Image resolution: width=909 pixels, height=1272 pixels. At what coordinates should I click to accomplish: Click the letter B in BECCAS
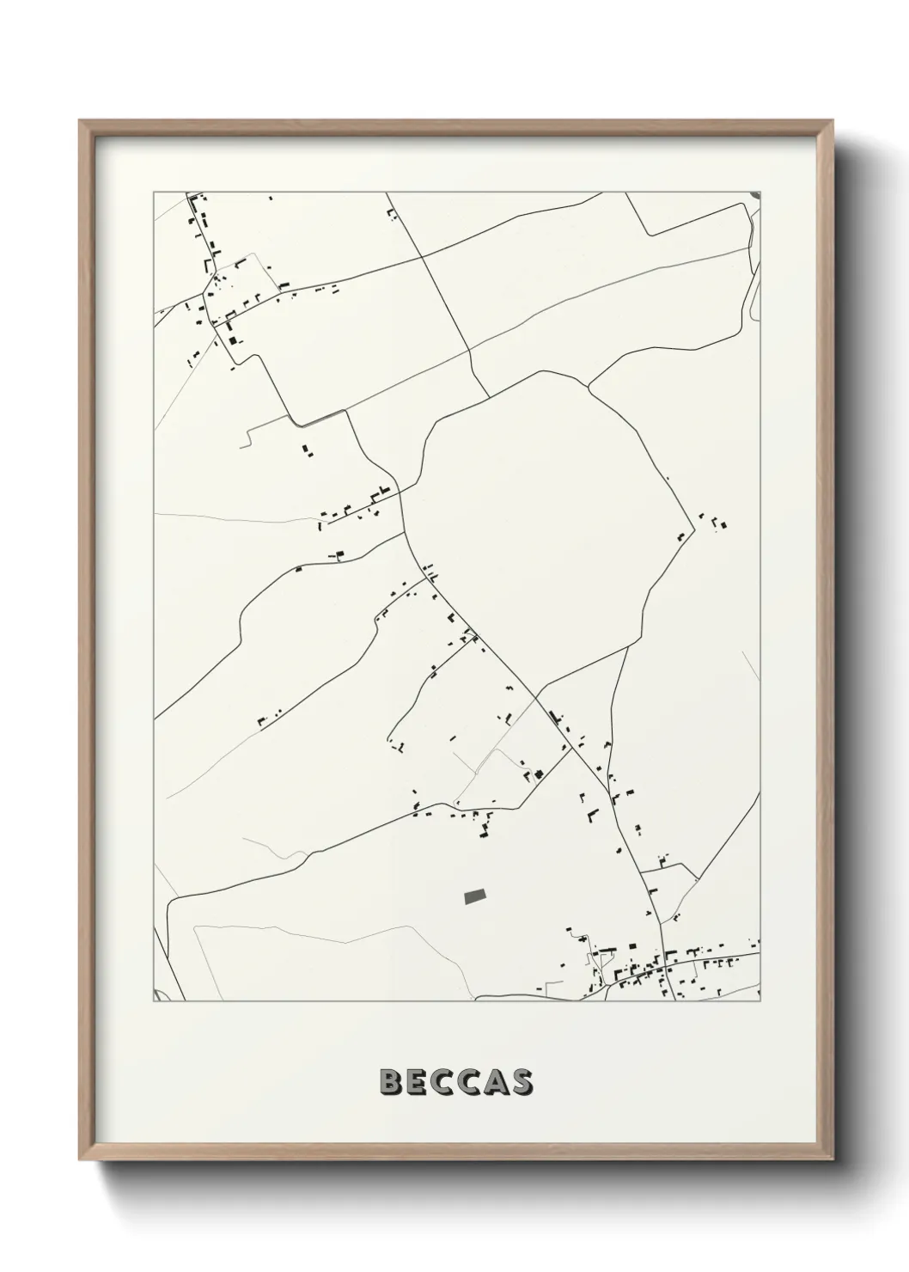388,1082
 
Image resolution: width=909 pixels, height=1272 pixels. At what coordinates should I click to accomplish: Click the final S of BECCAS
523,1082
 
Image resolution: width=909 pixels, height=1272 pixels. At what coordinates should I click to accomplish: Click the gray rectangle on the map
474,896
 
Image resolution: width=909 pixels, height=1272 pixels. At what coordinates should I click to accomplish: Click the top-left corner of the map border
154,193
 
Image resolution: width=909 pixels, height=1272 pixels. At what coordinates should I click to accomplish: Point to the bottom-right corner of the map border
761,1001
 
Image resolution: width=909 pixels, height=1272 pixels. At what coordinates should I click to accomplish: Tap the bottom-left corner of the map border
154,1001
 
